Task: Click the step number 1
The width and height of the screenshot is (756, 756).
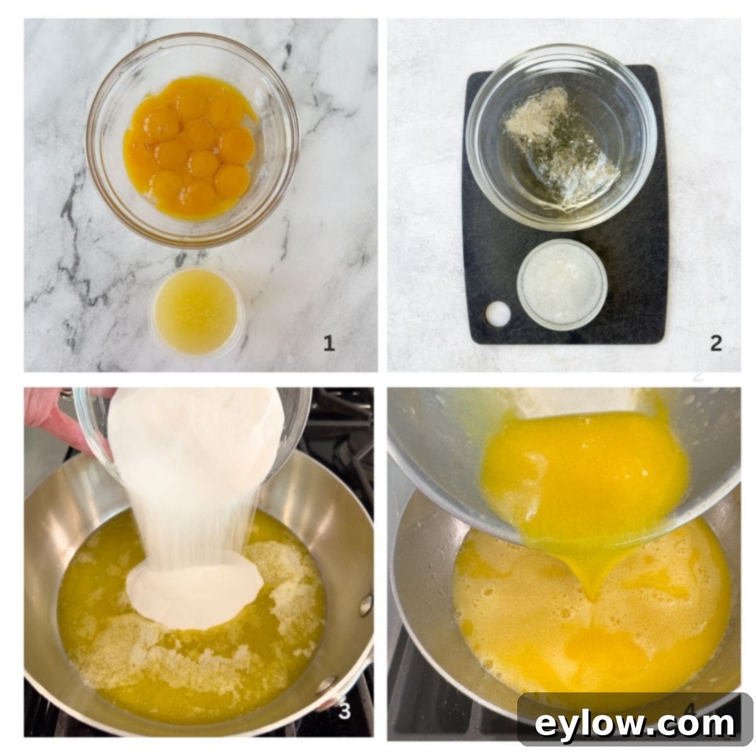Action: tap(329, 343)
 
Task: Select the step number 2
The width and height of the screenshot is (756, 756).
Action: tap(716, 343)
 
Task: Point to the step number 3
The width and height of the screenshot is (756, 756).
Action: tap(345, 711)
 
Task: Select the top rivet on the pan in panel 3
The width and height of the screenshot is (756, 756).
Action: tap(366, 605)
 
